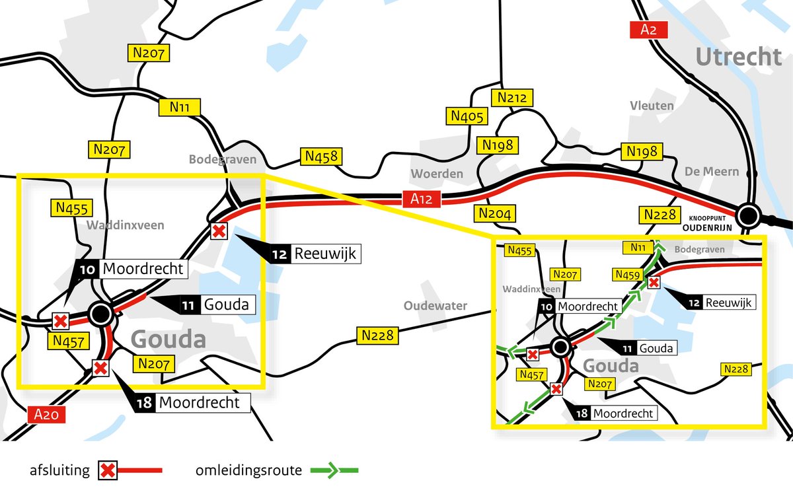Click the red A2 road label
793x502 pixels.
tap(649, 30)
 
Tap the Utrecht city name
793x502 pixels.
tap(738, 57)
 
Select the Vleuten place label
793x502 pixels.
tap(652, 106)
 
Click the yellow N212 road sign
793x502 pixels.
tap(512, 98)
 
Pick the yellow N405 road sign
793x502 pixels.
tap(468, 117)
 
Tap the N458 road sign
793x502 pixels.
tap(322, 157)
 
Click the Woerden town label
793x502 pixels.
tap(437, 174)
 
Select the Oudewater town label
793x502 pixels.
tap(435, 306)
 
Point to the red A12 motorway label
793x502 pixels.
tap(421, 199)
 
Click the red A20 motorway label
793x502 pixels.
tap(47, 415)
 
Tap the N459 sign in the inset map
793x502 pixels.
tap(627, 274)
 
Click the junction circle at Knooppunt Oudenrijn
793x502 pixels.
tap(748, 215)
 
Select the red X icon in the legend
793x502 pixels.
tap(108, 471)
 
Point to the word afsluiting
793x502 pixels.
tap(59, 471)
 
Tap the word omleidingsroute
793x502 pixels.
tap(248, 471)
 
